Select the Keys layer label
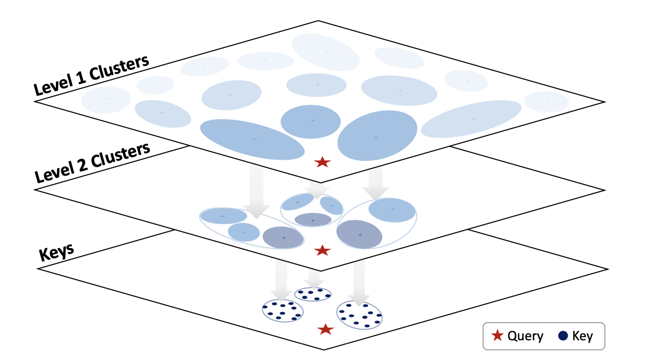(x=56, y=252)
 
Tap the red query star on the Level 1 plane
(x=322, y=162)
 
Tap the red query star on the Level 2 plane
(x=321, y=250)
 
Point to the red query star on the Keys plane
(x=325, y=330)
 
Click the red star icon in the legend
(x=497, y=336)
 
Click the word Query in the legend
(x=525, y=336)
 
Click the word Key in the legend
(x=582, y=336)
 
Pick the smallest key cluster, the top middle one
(x=313, y=294)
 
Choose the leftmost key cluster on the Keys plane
(x=282, y=310)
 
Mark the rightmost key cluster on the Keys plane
(x=360, y=315)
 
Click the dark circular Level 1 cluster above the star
(x=311, y=122)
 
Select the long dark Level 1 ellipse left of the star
(x=252, y=139)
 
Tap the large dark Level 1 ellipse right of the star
(x=377, y=135)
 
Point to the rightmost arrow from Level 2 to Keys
(x=360, y=282)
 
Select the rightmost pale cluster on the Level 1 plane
(x=547, y=101)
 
